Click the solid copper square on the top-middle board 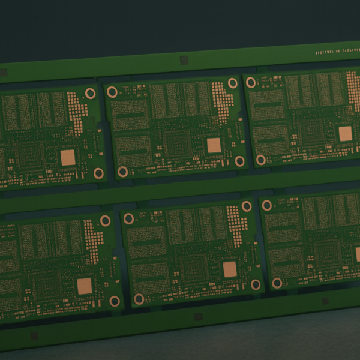coord(214,145)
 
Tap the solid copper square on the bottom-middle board coord(230,269)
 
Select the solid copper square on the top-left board coord(68,158)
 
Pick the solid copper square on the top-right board coord(345,133)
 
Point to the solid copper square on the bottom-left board coord(85,285)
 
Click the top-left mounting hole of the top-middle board coord(112,92)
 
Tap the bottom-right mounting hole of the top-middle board coord(239,161)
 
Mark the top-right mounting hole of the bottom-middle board coord(246,206)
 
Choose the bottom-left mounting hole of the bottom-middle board coord(139,299)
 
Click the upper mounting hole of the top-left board coord(91,93)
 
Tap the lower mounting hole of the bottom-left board coord(115,301)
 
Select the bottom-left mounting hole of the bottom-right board coord(277,283)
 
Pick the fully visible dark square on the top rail coord(184,60)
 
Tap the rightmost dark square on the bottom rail coord(325,301)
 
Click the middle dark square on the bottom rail coord(197,317)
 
